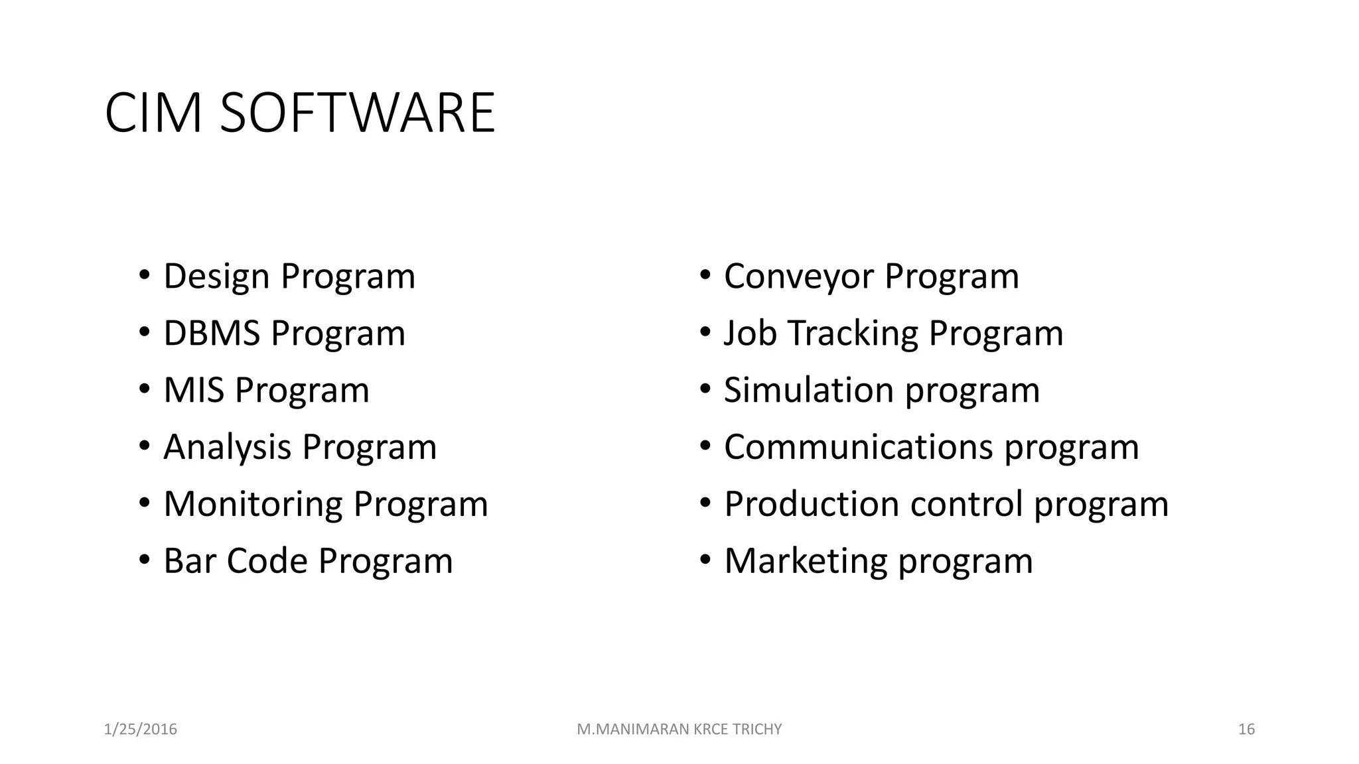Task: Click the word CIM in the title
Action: click(x=153, y=113)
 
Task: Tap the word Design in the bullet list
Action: click(x=217, y=277)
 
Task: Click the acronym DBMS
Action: click(x=212, y=333)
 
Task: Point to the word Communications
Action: click(x=858, y=447)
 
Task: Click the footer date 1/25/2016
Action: click(x=141, y=730)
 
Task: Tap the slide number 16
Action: click(x=1246, y=730)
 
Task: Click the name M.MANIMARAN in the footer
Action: click(x=633, y=730)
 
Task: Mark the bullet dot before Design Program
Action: click(x=144, y=275)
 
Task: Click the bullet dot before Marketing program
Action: click(x=705, y=560)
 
